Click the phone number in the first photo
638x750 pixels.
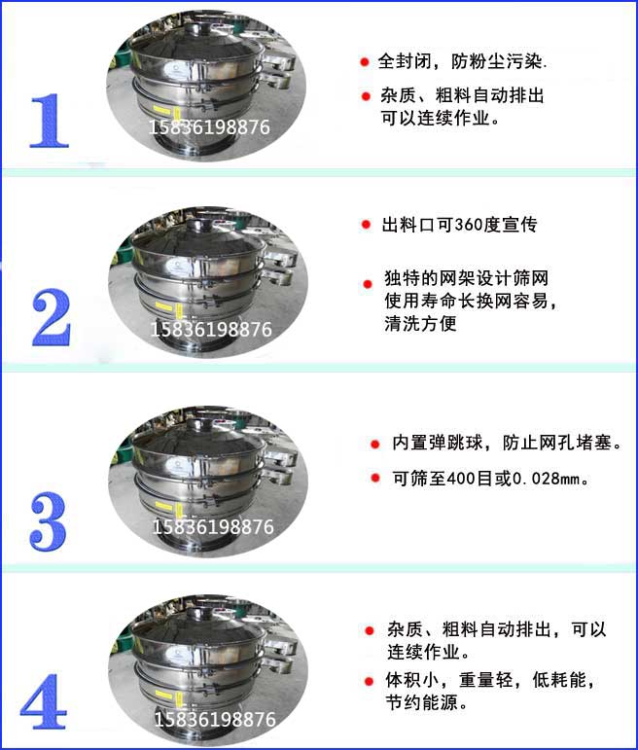pos(209,126)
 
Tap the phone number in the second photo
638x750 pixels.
pos(210,330)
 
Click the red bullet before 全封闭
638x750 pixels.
pos(364,62)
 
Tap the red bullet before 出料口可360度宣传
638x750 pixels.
pos(365,226)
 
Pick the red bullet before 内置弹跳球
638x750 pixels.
pos(374,445)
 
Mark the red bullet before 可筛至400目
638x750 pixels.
pos(374,479)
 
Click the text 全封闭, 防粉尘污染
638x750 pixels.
pos(463,62)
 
